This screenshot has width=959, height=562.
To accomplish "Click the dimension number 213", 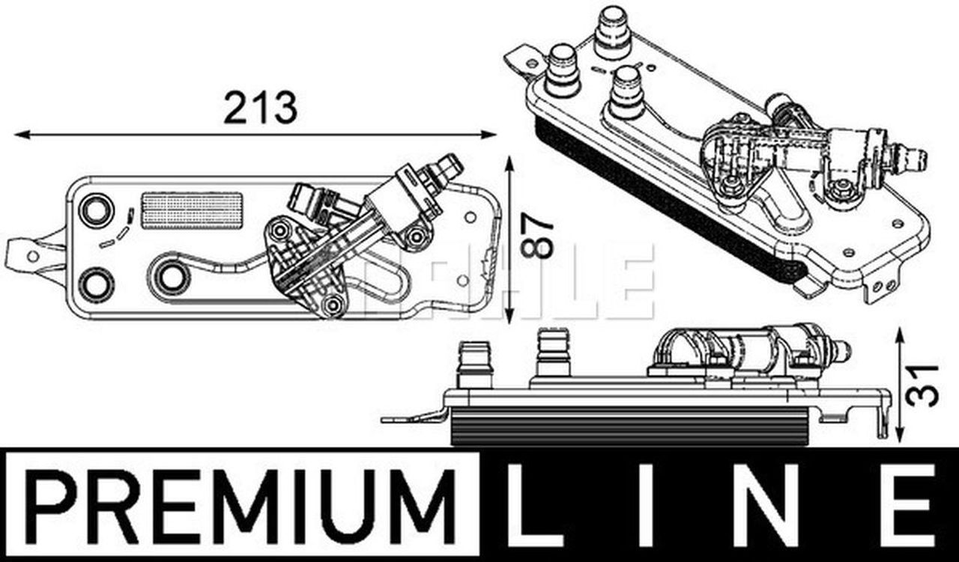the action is [x=260, y=107].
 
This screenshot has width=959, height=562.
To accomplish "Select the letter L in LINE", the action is [x=538, y=504].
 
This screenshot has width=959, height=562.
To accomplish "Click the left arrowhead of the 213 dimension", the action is [x=22, y=135].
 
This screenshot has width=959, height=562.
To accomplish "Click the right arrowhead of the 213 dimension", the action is [x=489, y=135].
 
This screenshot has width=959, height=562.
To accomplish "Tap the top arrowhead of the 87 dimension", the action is [x=509, y=164].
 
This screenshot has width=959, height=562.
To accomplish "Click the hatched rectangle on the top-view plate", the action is [x=192, y=210].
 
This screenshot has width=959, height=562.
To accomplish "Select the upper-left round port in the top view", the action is [x=97, y=210].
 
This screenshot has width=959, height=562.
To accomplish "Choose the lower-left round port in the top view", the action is [x=97, y=284].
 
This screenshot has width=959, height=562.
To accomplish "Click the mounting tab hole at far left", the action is [x=33, y=256].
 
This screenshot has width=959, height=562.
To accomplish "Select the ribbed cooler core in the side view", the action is [x=629, y=426].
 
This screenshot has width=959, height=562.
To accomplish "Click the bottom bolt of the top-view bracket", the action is [x=332, y=305].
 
